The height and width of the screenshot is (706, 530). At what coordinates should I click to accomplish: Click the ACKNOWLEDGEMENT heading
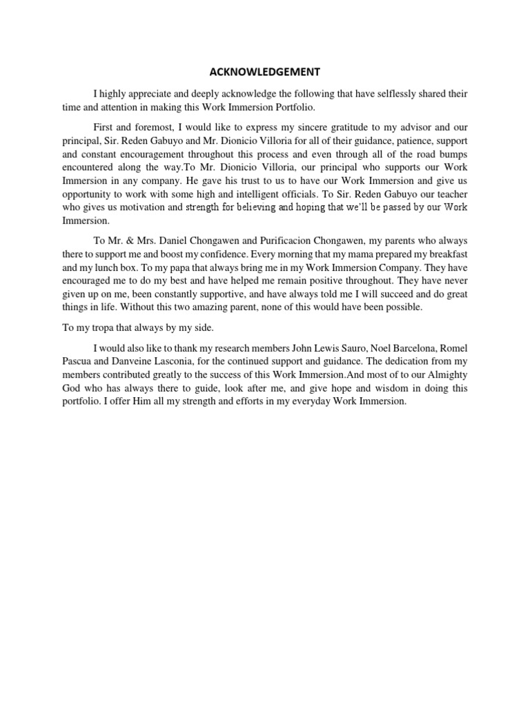(265, 71)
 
